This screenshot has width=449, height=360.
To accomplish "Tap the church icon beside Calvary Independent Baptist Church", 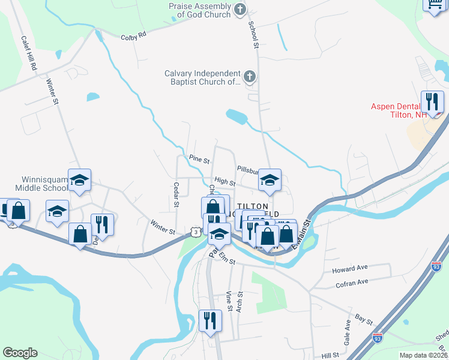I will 250,77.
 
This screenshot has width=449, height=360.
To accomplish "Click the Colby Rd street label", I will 133,36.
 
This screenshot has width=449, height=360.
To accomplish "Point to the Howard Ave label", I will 349,271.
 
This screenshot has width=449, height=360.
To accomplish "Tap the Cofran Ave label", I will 352,282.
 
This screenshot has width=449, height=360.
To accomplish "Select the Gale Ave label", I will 347,328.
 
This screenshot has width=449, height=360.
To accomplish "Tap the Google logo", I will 20,353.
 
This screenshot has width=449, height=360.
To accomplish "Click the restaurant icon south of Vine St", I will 209,320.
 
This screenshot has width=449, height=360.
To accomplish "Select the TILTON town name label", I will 249,206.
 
